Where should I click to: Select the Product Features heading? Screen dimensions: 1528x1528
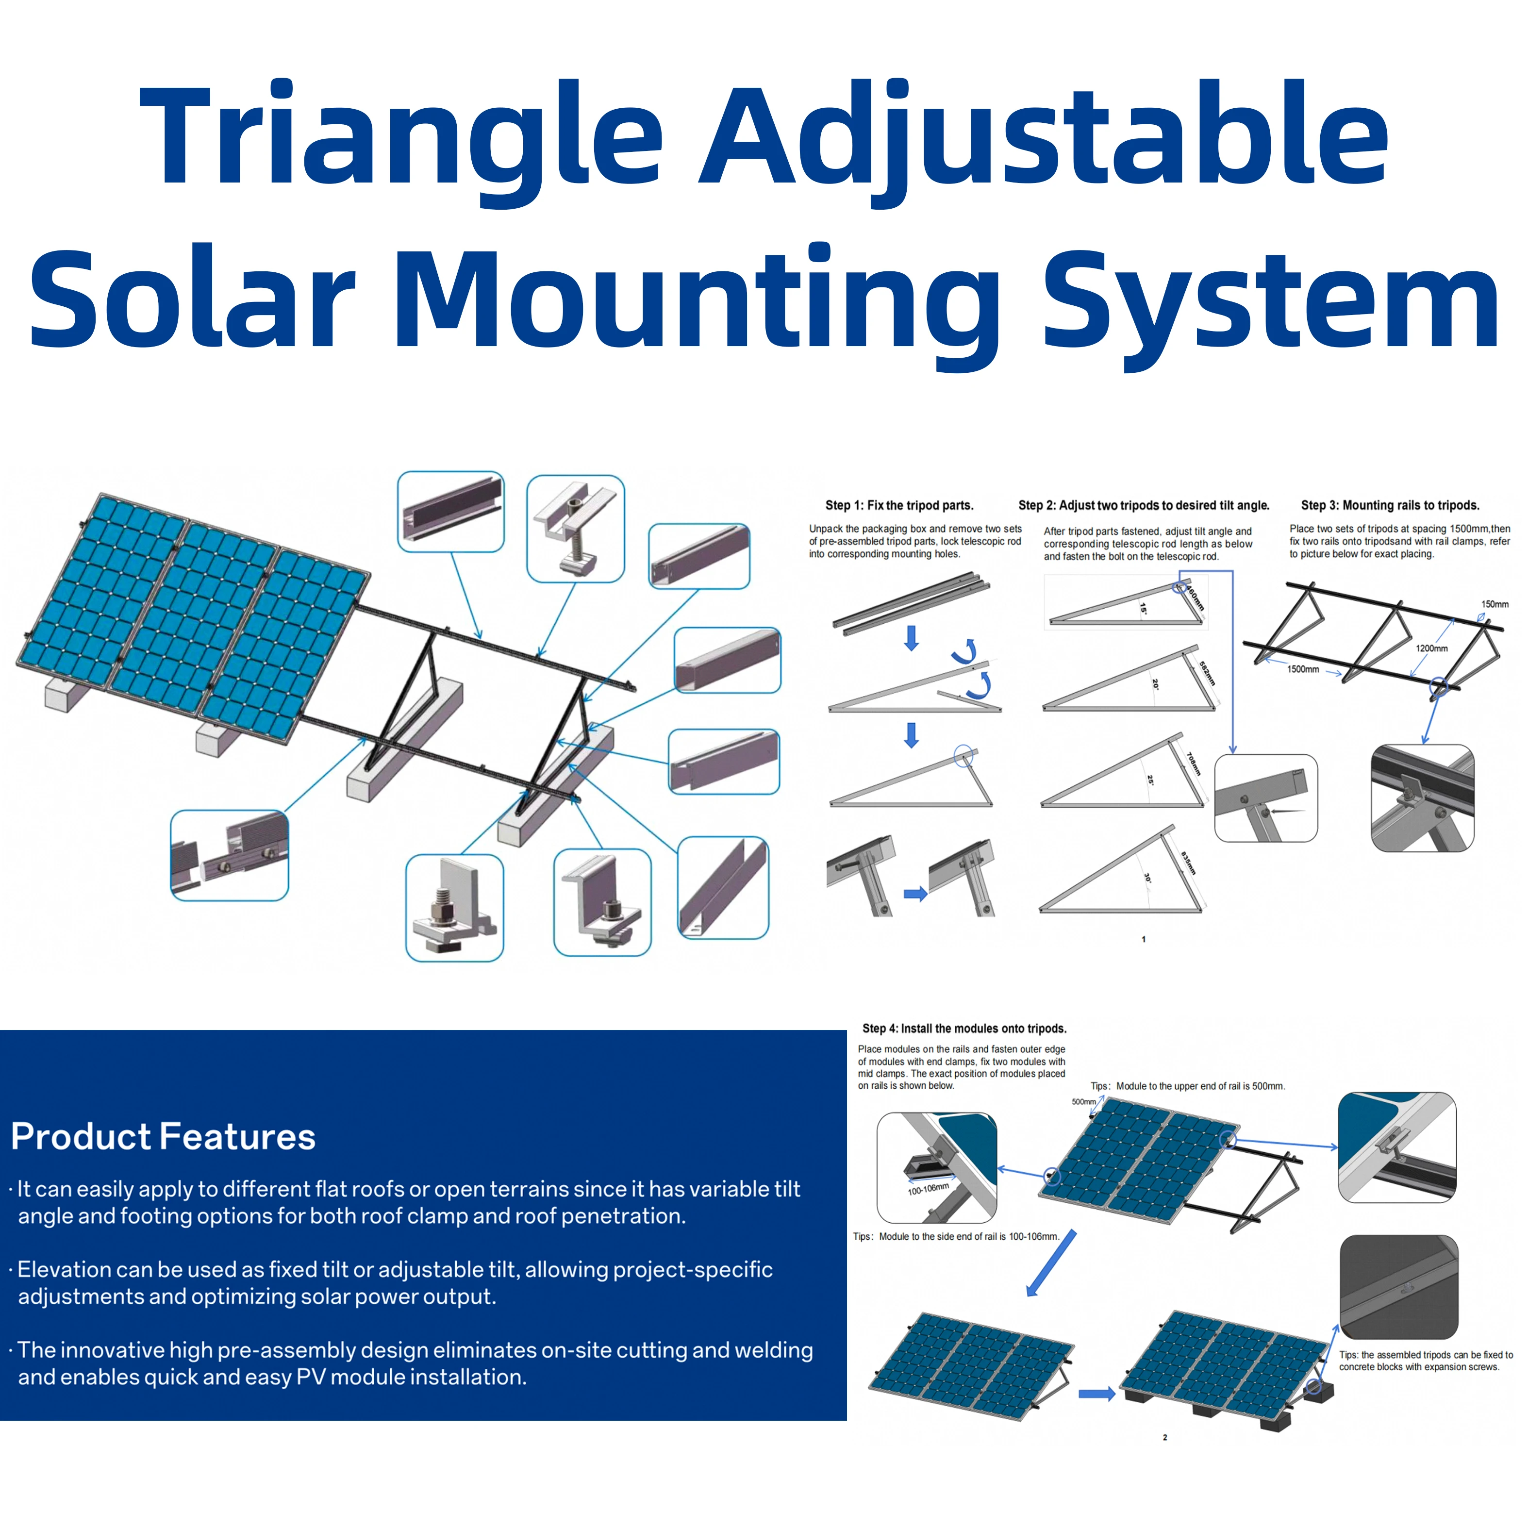(163, 1136)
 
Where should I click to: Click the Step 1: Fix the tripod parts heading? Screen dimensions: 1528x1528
(899, 505)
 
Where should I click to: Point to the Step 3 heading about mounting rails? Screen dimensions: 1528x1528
(1390, 505)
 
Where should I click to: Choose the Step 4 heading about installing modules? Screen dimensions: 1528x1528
(964, 1028)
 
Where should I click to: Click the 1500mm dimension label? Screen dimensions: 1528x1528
(1303, 669)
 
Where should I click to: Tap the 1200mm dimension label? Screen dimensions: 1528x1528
(1431, 648)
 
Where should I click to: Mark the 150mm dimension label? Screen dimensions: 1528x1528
(1494, 604)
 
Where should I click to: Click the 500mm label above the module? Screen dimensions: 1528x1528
(1083, 1102)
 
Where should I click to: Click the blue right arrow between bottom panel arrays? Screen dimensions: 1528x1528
(1096, 1394)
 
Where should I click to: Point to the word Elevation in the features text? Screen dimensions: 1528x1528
(64, 1269)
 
